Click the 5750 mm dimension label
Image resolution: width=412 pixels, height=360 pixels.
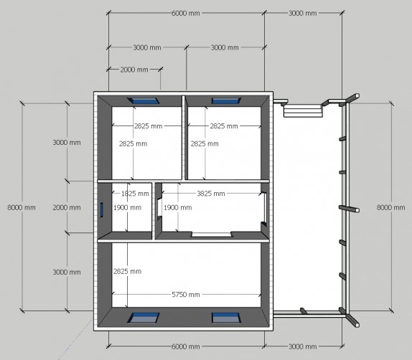click(186, 295)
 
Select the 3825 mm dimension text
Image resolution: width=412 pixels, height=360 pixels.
click(211, 194)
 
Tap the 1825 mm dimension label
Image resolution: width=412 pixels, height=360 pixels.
click(135, 194)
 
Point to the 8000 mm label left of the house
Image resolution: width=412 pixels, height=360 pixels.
click(22, 207)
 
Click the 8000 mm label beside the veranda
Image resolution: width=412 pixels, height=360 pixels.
click(390, 207)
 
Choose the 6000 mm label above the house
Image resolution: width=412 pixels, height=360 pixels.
click(185, 13)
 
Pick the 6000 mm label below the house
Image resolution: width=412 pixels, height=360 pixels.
click(185, 346)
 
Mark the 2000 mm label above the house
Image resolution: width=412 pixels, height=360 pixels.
click(134, 70)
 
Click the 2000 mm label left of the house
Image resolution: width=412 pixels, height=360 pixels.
click(67, 207)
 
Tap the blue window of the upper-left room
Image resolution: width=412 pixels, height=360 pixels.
click(144, 101)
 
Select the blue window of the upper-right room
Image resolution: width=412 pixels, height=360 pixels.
click(226, 101)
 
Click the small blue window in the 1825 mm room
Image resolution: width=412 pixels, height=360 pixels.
click(101, 210)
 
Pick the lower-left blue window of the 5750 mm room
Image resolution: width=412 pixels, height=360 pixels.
click(144, 318)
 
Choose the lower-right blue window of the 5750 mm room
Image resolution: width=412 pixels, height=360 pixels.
click(226, 318)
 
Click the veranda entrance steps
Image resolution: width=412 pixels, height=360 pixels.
click(303, 110)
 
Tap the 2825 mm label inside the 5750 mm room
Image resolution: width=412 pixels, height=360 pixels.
click(128, 271)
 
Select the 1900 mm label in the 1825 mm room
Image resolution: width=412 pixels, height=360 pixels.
click(128, 208)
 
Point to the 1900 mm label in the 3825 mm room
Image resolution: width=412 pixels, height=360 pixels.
click(178, 208)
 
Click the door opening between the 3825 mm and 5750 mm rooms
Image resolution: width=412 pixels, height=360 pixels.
click(212, 235)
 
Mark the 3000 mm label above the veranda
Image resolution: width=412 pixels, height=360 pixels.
click(303, 13)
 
